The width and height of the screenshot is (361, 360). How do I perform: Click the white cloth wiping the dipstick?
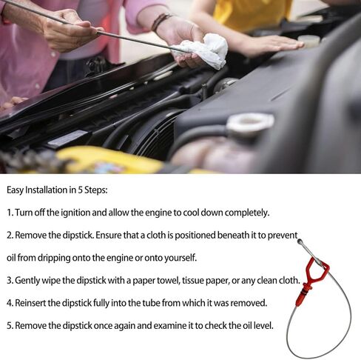coord(203,50)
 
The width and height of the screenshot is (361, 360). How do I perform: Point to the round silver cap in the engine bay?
coord(249,123)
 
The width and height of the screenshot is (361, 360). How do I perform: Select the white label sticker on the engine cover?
coord(67,139)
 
